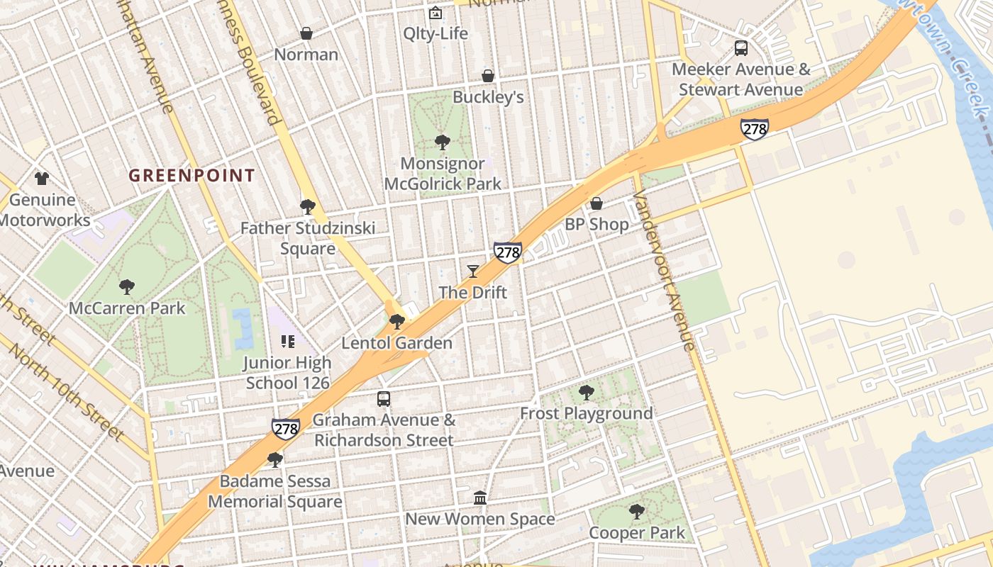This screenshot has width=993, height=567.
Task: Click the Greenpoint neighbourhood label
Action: coord(192,176)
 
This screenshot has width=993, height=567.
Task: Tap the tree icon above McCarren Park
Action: coord(127,286)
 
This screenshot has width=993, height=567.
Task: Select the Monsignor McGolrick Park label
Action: coord(443,174)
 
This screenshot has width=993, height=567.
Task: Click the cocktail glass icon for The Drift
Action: coord(473,271)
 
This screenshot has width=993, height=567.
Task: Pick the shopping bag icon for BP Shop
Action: coord(597,203)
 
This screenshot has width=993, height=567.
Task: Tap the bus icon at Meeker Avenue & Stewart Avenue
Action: coord(741,48)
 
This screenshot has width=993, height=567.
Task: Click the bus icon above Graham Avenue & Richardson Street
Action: coord(384,398)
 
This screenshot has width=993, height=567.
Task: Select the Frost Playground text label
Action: coord(587,413)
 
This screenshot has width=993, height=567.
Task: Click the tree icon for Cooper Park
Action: coord(637,511)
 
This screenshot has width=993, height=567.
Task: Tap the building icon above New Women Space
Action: coord(480,498)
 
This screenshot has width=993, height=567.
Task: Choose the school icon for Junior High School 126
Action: coord(287,342)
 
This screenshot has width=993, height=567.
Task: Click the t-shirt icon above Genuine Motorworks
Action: coord(42,178)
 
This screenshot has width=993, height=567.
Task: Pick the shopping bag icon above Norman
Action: coord(306,33)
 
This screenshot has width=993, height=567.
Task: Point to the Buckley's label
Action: coord(488,97)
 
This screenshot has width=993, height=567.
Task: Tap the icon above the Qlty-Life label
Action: coord(436,13)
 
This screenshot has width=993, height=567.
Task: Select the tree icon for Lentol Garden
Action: coord(397,322)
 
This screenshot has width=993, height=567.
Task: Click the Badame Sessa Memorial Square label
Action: coord(274,491)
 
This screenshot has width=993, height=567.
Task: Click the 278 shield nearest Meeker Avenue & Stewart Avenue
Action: coord(754,129)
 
